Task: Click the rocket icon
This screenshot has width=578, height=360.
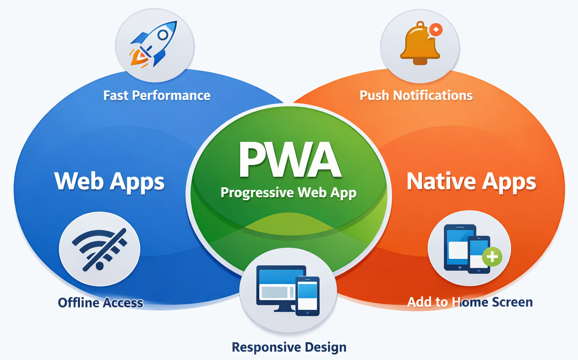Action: (154, 44)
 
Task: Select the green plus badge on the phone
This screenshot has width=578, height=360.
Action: (492, 257)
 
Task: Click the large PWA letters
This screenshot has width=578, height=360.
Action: (289, 160)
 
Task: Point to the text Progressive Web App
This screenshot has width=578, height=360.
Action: (289, 193)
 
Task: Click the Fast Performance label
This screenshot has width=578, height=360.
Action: (157, 95)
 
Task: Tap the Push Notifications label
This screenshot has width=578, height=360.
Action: (416, 95)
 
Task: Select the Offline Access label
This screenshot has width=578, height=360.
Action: (101, 303)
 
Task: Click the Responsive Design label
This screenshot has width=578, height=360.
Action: (289, 347)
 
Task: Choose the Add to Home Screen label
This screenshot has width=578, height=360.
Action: (470, 302)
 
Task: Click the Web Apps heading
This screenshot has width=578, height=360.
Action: (110, 181)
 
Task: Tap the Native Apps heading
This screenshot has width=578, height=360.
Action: (471, 181)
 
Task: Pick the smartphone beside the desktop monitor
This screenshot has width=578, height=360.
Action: (308, 295)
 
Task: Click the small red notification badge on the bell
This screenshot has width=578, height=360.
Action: (436, 30)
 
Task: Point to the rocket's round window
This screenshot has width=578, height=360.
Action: (163, 34)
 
